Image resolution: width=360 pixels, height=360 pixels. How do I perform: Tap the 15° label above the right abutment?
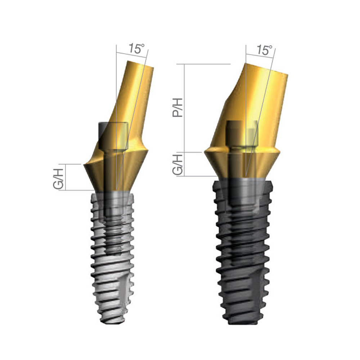(265, 50)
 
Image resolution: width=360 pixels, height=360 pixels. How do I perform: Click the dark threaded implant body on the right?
(245, 252)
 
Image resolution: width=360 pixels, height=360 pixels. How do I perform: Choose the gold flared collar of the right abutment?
(241, 164)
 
